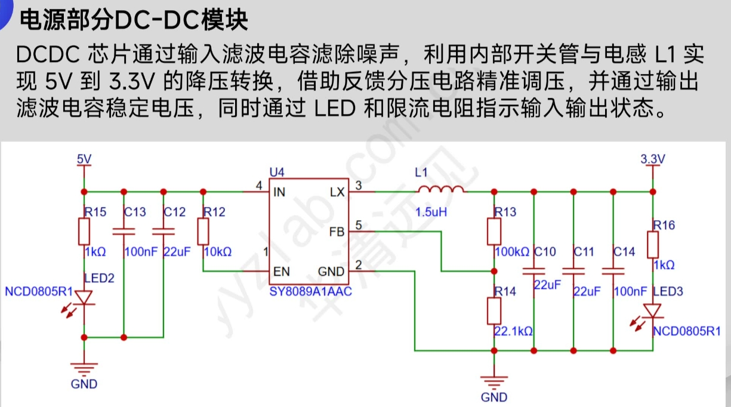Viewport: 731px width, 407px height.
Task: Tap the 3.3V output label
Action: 652,159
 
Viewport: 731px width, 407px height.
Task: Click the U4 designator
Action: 277,172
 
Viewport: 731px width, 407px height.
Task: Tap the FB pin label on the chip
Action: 337,232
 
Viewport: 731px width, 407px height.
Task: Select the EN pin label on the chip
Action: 281,272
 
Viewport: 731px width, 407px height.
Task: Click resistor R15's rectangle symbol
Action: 84,232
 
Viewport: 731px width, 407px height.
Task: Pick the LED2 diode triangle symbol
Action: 84,296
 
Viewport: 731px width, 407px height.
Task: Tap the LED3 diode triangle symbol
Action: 653,311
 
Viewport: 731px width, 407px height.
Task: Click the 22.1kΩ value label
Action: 513,331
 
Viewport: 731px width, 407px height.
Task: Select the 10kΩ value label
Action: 217,252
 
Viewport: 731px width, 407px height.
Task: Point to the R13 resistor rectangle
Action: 494,232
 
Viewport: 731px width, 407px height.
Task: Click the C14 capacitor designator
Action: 624,252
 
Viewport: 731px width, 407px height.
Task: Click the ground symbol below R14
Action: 494,380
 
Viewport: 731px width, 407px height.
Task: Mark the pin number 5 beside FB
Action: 359,225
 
